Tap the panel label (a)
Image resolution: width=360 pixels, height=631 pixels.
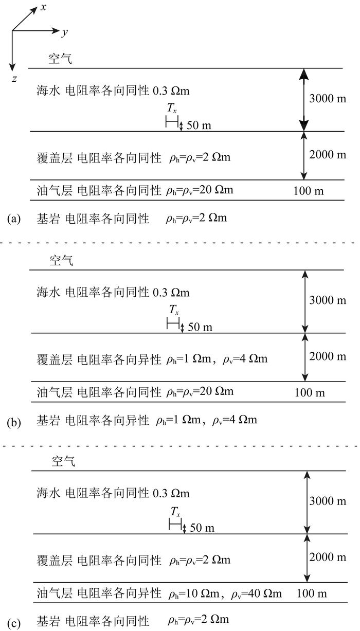tap(14, 219)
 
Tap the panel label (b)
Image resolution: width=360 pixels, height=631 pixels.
tap(14, 423)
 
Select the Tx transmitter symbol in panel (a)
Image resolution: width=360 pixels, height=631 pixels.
tap(172, 122)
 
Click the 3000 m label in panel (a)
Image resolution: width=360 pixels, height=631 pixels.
tap(327, 98)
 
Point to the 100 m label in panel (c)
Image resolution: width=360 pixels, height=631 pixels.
tap(312, 593)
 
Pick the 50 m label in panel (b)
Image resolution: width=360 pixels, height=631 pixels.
tap(200, 327)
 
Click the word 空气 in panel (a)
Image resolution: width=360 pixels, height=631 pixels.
tap(61, 59)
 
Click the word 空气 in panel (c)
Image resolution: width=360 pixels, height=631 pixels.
tap(63, 461)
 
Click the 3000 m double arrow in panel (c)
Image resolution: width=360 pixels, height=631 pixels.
tap(307, 502)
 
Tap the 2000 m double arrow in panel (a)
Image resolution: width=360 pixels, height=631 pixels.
tap(304, 155)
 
